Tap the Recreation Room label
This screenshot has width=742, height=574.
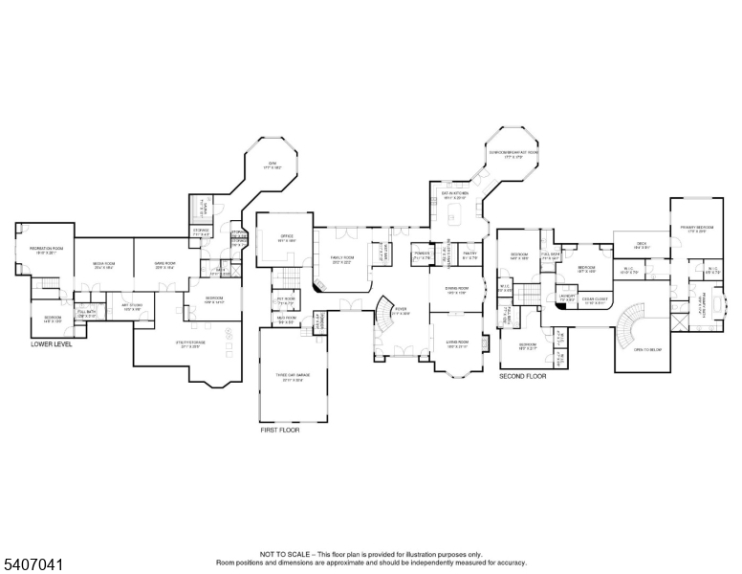(46, 250)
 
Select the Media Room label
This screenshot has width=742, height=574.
(104, 265)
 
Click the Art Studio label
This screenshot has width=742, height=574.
(132, 308)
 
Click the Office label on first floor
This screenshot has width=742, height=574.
(286, 238)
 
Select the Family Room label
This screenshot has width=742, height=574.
(342, 258)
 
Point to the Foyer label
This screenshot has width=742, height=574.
(402, 312)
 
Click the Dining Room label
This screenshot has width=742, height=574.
(454, 291)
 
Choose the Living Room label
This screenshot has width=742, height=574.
(454, 343)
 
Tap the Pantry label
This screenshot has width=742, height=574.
(469, 255)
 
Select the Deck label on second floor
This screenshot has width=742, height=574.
(643, 245)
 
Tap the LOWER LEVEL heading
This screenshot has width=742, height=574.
(51, 342)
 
